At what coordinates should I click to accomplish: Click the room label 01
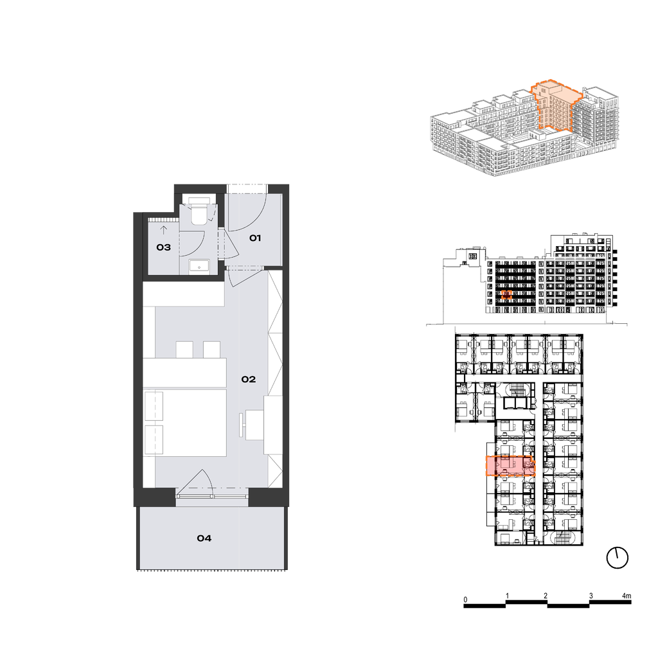255,238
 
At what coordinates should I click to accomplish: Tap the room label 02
249,379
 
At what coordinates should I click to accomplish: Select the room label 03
164,247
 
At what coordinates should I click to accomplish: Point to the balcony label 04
204,538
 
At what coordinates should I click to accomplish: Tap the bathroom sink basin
199,266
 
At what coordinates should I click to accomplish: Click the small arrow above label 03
164,229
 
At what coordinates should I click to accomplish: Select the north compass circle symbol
618,558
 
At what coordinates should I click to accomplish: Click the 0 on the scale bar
465,600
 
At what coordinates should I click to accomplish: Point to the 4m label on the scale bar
627,596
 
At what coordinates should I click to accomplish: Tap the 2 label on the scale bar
546,596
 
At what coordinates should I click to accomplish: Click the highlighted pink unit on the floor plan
510,466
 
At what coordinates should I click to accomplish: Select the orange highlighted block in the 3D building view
556,107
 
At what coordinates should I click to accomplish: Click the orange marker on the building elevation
506,295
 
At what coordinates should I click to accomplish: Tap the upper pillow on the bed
154,406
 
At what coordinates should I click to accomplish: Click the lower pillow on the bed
154,440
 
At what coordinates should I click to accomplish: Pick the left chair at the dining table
184,350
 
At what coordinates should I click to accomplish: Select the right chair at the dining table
212,350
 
